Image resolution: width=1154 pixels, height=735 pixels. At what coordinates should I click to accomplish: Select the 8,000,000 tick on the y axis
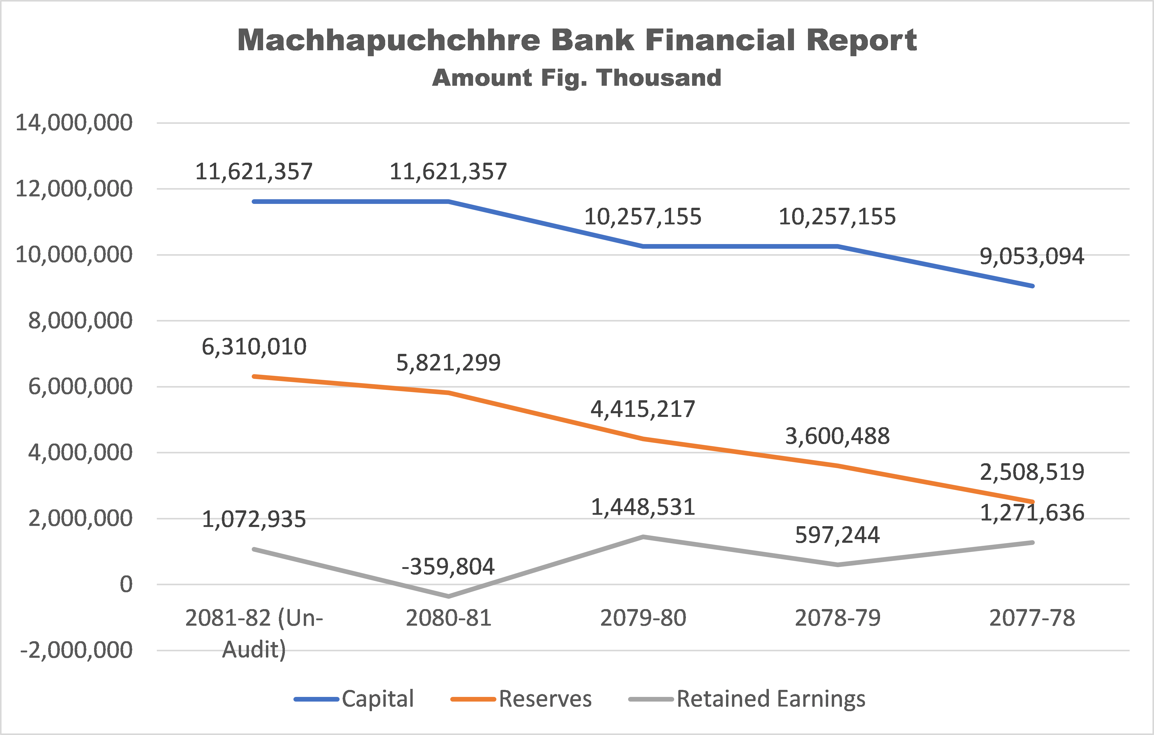pyautogui.click(x=80, y=320)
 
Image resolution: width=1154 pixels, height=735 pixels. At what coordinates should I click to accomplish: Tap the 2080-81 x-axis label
pyautogui.click(x=449, y=618)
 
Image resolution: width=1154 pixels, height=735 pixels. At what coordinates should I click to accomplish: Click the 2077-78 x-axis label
pyautogui.click(x=1032, y=618)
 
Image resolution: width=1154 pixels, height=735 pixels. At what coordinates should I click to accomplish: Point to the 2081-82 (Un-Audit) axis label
pyautogui.click(x=254, y=633)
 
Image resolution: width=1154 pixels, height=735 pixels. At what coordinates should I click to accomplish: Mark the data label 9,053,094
pyautogui.click(x=1032, y=256)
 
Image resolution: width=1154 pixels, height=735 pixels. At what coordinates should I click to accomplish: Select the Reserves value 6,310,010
pyautogui.click(x=254, y=346)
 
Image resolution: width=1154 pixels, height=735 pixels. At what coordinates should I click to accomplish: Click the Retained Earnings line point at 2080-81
pyautogui.click(x=449, y=596)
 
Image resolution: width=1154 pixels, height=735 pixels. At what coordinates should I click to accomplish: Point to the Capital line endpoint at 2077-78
pyautogui.click(x=1032, y=286)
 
